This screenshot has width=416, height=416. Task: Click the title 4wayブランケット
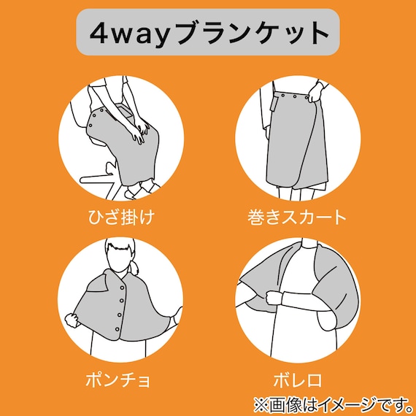click(208, 34)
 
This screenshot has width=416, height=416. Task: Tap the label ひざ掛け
click(119, 218)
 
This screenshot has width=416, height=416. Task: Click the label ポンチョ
click(119, 380)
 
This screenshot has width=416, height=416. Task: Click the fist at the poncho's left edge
click(71, 319)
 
